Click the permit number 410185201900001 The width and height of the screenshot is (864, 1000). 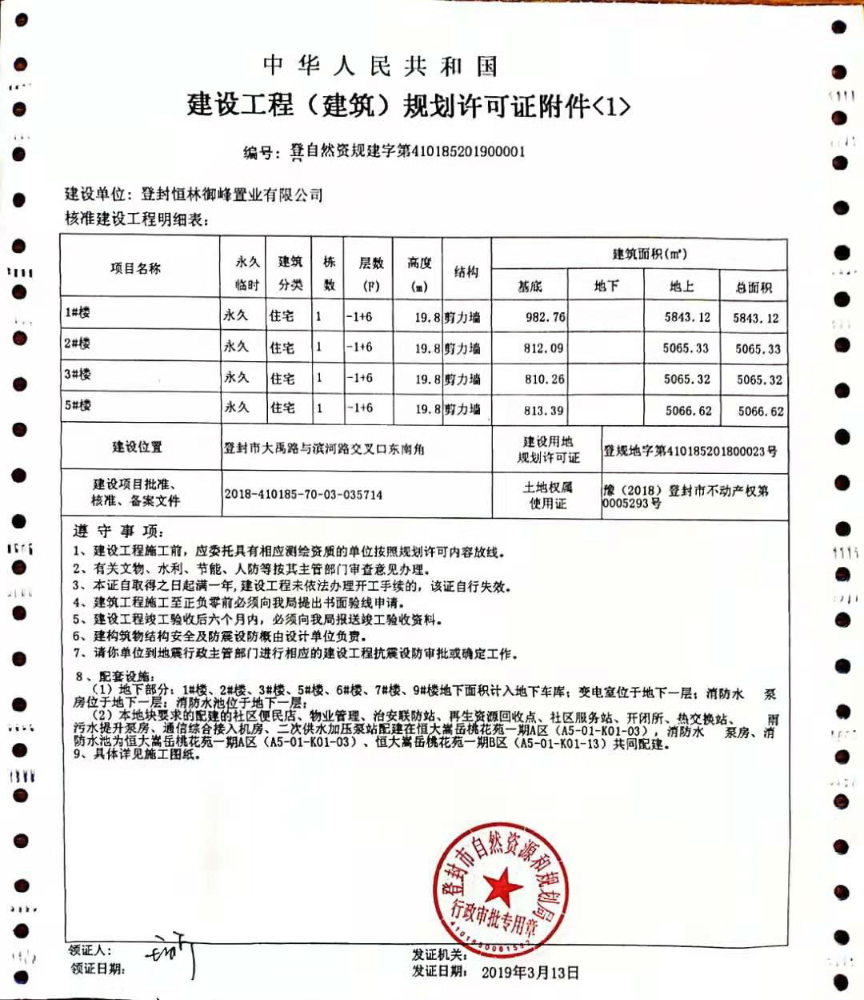pyautogui.click(x=468, y=151)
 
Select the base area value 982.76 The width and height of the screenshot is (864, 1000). pyautogui.click(x=545, y=317)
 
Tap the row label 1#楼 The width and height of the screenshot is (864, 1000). pyautogui.click(x=78, y=312)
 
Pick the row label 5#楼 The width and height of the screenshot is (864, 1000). pyautogui.click(x=78, y=405)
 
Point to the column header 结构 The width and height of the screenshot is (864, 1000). pyautogui.click(x=466, y=272)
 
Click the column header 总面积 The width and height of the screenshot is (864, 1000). pyautogui.click(x=754, y=287)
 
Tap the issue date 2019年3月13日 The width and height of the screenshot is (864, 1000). pyautogui.click(x=530, y=972)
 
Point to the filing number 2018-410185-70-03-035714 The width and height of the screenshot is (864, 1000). pyautogui.click(x=303, y=495)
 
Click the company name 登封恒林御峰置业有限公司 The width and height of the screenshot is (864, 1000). pyautogui.click(x=231, y=195)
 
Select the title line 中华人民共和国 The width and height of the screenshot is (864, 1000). pyautogui.click(x=380, y=66)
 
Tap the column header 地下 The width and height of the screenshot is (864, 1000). pyautogui.click(x=606, y=286)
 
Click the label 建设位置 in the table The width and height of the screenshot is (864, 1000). pyautogui.click(x=137, y=447)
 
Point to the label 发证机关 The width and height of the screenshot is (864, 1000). pyautogui.click(x=439, y=954)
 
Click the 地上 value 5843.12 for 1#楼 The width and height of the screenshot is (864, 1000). pyautogui.click(x=686, y=317)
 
